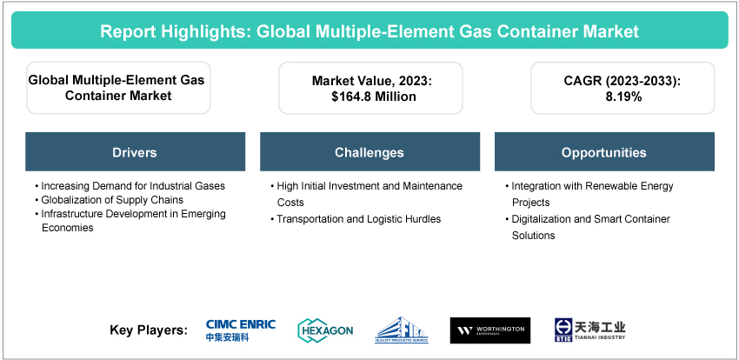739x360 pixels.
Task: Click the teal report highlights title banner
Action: click(369, 31)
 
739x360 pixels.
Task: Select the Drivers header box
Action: click(135, 152)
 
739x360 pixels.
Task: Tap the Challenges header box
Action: click(369, 152)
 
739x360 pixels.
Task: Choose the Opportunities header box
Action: click(603, 152)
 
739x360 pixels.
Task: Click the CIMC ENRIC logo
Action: click(241, 330)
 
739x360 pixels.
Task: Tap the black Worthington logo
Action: click(489, 330)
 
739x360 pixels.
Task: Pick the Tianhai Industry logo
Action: click(590, 330)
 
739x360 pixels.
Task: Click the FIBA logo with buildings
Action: click(402, 330)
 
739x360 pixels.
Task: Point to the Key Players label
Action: click(149, 330)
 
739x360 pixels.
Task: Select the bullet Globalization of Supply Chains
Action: click(104, 199)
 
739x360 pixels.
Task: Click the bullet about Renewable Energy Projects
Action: click(591, 193)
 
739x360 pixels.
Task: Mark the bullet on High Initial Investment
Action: click(367, 193)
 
